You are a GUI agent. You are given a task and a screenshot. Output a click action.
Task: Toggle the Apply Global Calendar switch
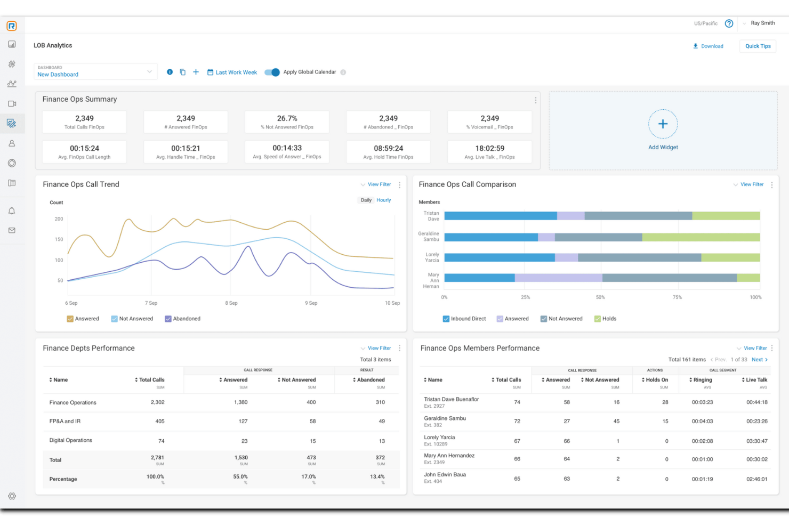coord(272,72)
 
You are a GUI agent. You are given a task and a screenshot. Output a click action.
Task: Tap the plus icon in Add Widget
coord(663,124)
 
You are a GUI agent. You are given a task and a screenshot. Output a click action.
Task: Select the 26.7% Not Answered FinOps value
coord(287,118)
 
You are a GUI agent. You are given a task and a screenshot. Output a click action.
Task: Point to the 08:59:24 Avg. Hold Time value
coord(388,149)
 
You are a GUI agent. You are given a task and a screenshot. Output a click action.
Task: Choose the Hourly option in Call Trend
coord(383,200)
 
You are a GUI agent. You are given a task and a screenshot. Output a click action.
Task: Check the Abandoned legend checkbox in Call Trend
coord(168,319)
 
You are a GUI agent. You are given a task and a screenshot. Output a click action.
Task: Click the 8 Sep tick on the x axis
coord(231,303)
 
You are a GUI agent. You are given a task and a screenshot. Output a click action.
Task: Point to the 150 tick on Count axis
coord(59,240)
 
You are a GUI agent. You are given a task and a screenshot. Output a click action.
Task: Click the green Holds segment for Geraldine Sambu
coord(701,237)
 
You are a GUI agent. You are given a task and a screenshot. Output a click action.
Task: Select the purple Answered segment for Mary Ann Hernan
coord(558,278)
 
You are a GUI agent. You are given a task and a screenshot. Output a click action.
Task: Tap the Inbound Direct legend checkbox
coord(446,319)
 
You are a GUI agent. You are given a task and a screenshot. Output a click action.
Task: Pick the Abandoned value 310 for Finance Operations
coord(380,402)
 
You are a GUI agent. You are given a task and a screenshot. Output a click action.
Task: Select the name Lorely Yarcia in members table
coord(439,438)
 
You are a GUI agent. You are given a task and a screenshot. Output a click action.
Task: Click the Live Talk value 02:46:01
coord(756,479)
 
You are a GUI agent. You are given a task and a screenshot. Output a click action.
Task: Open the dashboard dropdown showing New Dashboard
coord(95,72)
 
